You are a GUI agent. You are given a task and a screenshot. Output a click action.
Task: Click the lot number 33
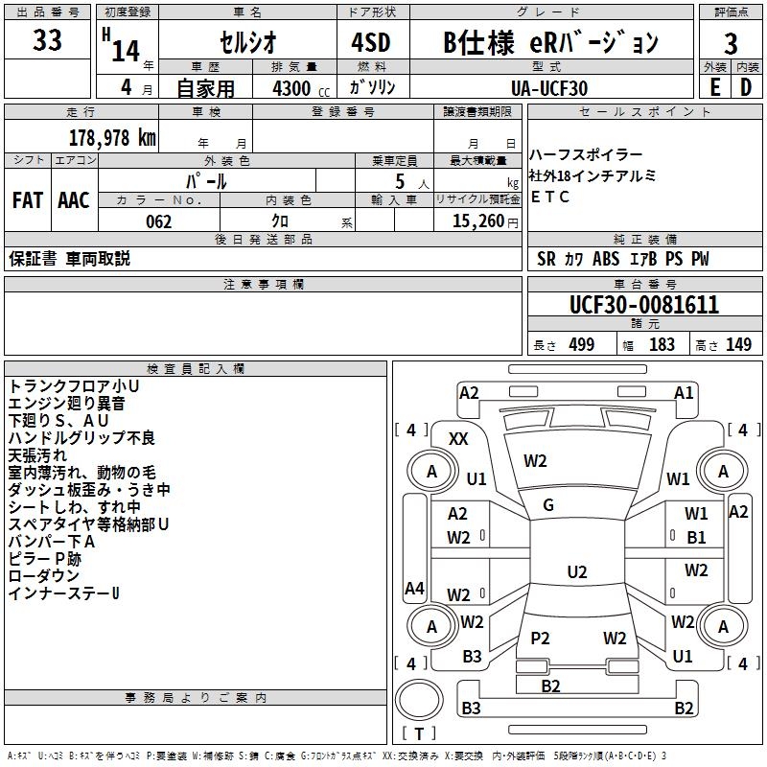click(47, 40)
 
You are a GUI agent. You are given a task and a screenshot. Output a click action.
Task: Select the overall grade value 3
click(731, 44)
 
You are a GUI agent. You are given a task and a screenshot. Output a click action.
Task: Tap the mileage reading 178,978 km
click(112, 138)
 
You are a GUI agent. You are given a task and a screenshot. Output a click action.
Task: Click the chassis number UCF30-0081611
click(644, 305)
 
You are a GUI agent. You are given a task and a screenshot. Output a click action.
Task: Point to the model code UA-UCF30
click(549, 88)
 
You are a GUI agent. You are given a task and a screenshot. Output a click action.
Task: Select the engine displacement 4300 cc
click(301, 89)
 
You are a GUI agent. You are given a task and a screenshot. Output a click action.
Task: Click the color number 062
click(159, 221)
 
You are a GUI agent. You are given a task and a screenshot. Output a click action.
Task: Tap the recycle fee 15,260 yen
click(485, 221)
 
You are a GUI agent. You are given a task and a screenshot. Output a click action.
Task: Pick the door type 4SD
click(371, 42)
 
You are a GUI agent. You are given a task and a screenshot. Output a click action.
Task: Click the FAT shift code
click(28, 200)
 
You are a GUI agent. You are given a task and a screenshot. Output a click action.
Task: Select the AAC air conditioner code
click(74, 200)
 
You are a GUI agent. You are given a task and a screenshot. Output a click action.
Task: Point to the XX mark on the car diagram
click(458, 439)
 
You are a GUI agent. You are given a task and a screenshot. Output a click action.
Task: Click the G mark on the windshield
click(548, 505)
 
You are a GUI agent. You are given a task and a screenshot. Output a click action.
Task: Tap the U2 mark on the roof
click(577, 571)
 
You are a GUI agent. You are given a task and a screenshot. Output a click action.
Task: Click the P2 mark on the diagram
click(540, 638)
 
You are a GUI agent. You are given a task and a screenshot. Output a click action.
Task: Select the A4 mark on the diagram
click(414, 588)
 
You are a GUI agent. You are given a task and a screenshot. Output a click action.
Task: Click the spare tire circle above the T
click(419, 700)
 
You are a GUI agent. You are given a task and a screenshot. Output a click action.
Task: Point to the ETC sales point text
click(549, 197)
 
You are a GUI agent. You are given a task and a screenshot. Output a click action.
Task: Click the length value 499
click(582, 345)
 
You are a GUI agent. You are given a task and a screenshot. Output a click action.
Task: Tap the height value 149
click(738, 345)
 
